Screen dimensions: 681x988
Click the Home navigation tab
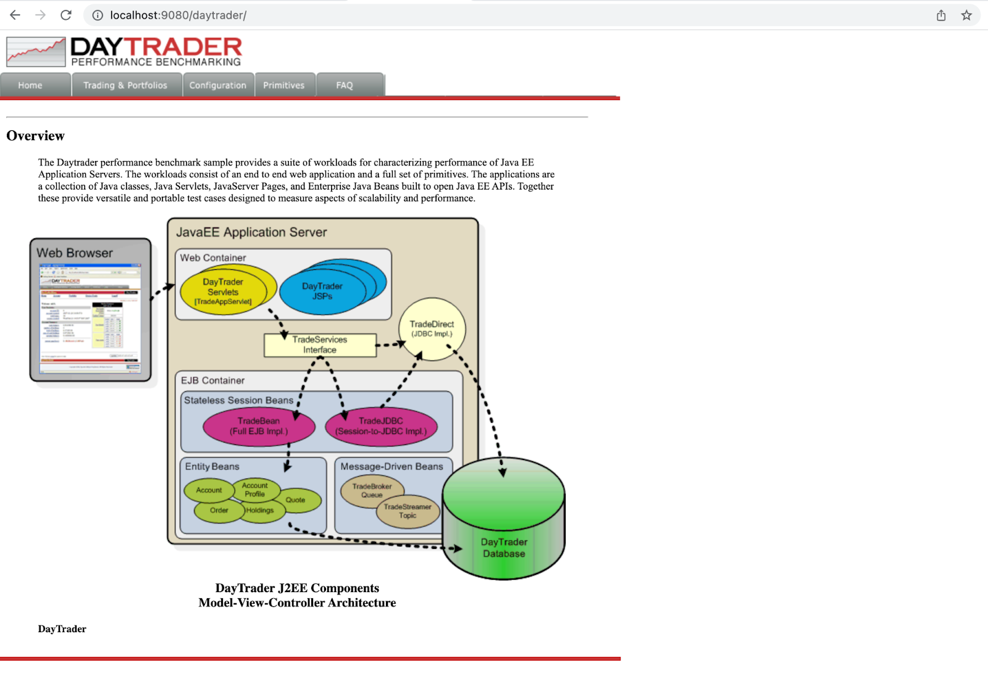click(x=30, y=85)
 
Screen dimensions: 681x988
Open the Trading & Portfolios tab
click(x=125, y=85)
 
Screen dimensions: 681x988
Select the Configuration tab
click(x=217, y=85)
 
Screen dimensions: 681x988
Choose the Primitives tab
click(x=284, y=85)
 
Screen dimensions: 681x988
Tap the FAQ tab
click(x=345, y=85)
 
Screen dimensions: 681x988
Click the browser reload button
click(x=66, y=15)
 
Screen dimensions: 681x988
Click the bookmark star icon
click(x=966, y=15)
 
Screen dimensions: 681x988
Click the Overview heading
click(x=35, y=136)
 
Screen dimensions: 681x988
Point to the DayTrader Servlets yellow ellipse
click(x=223, y=291)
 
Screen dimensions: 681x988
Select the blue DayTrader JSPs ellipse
click(x=322, y=291)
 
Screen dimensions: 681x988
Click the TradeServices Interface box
click(x=320, y=345)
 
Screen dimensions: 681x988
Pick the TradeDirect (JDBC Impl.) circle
click(x=432, y=329)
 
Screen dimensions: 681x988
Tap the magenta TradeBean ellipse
click(x=259, y=426)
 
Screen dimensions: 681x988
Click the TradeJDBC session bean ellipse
click(x=381, y=426)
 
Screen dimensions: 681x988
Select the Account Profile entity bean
click(x=255, y=490)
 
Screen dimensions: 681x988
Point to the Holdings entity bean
click(x=261, y=511)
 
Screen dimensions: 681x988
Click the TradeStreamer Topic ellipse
click(x=408, y=511)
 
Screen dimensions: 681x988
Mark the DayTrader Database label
click(x=504, y=548)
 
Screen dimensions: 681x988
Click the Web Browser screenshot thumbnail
click(x=91, y=319)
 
